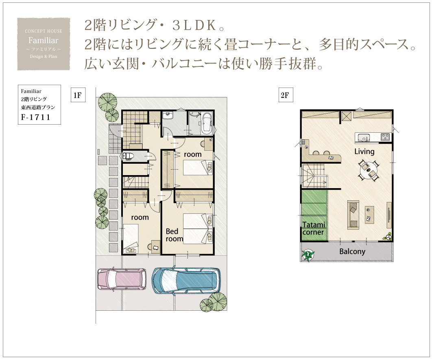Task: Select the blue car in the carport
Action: [x=186, y=280]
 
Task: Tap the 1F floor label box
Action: [x=78, y=95]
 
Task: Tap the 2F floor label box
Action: [x=286, y=95]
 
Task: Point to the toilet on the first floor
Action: [x=128, y=156]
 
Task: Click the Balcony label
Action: [x=352, y=252]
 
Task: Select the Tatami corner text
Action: [x=314, y=228]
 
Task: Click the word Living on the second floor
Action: [x=364, y=151]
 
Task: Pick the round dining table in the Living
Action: [x=369, y=170]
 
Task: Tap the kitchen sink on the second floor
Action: [x=363, y=137]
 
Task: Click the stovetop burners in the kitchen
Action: [x=385, y=136]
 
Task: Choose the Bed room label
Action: [x=174, y=235]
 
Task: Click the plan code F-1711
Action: [x=36, y=117]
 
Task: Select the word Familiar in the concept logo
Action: [x=43, y=41]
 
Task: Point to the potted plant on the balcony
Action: [x=308, y=255]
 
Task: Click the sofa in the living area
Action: [x=353, y=215]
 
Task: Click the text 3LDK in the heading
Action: [x=194, y=25]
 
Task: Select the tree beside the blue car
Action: [x=214, y=303]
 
